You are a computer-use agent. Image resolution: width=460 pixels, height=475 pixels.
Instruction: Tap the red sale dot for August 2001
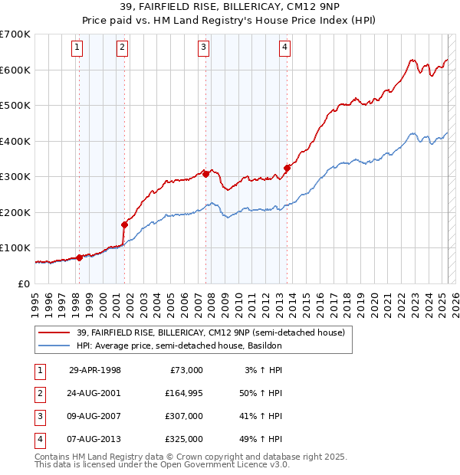point(124,224)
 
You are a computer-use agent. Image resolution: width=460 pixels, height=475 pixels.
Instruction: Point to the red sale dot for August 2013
point(287,168)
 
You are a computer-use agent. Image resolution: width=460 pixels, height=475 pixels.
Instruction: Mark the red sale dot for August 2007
point(205,174)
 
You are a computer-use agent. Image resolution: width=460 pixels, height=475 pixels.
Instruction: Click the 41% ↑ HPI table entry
point(262,416)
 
